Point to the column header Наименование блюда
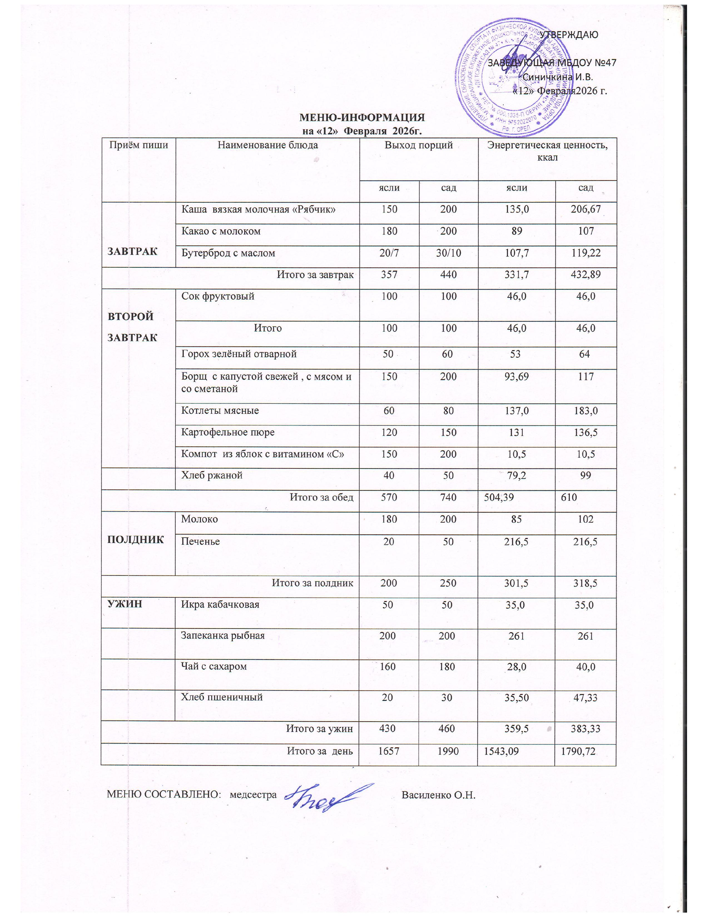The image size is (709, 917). pos(267,145)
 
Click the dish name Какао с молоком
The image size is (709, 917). pos(221,231)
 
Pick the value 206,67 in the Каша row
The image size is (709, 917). pos(586,209)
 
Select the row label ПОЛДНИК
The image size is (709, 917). pos(135,540)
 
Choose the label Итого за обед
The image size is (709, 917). pos(322,497)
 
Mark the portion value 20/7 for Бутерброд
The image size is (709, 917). pos(389,253)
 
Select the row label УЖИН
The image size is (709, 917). pos(125,604)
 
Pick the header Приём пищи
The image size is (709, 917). pos(139,145)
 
